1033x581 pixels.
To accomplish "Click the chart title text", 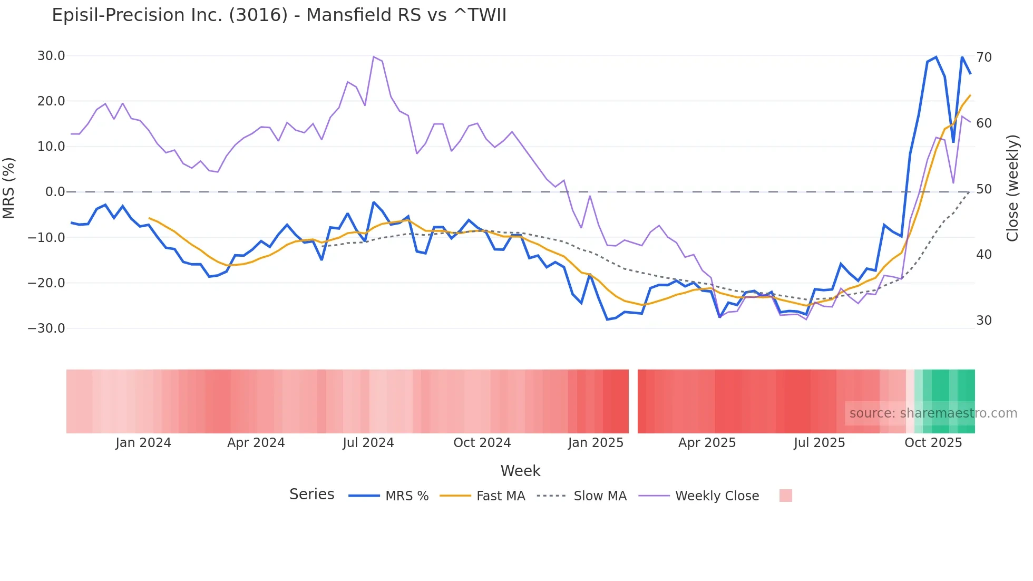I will click(x=279, y=15).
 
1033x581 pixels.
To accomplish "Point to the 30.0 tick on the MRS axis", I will click(x=51, y=56).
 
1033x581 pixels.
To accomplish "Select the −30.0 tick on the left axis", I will click(x=47, y=328).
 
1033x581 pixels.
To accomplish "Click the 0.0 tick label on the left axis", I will click(x=55, y=192).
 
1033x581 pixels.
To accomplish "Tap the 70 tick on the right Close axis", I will click(x=983, y=57).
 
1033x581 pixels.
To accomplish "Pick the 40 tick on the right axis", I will click(x=983, y=255).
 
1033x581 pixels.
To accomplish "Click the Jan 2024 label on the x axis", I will click(x=143, y=443).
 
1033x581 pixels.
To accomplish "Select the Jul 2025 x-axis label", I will click(x=819, y=443).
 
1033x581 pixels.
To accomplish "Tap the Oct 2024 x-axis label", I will click(x=482, y=443).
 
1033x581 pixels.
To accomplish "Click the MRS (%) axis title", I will click(x=9, y=188).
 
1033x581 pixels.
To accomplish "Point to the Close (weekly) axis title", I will click(x=1012, y=188).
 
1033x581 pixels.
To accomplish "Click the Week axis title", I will click(x=520, y=471).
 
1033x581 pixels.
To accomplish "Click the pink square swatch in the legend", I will click(x=785, y=496).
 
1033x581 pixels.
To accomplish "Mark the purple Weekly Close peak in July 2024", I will click(x=373, y=56).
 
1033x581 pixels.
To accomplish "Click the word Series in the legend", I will click(x=311, y=495).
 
